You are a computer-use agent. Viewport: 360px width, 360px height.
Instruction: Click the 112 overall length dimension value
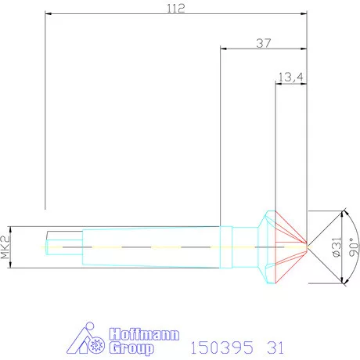176,9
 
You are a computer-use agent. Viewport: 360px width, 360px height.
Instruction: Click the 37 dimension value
264,44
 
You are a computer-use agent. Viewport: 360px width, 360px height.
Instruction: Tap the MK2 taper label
6,247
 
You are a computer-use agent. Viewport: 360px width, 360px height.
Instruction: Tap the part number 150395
214,345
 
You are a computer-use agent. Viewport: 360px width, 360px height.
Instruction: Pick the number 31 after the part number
274,345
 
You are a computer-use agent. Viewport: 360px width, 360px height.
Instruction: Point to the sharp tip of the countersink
308,247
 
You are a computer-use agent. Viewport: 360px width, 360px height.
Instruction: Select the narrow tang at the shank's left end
62,243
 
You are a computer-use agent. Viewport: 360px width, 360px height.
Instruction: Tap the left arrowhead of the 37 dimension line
224,49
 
